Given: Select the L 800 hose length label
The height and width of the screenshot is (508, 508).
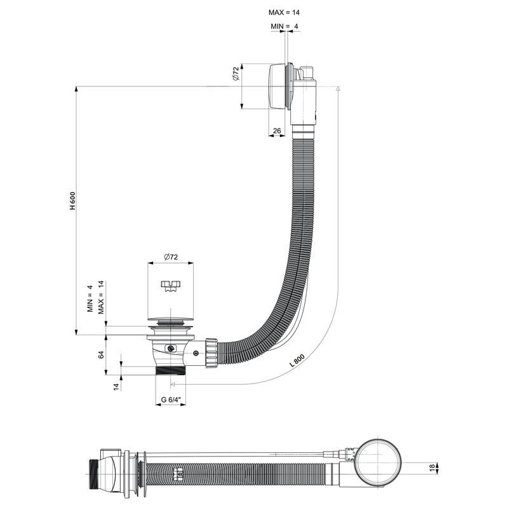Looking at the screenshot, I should point(297,361).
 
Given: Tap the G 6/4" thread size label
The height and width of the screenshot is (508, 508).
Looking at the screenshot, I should point(171,399).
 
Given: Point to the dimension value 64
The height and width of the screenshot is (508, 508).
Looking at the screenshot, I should point(100,354).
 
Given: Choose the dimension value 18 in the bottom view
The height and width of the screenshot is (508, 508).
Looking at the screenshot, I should point(433,468).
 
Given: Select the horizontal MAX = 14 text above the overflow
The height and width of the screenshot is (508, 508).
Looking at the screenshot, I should point(284,12).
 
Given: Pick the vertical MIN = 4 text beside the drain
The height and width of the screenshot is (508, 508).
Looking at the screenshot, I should point(90,298).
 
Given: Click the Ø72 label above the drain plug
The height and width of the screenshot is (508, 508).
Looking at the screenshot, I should point(170,257).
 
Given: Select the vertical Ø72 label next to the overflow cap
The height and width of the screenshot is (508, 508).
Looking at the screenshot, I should point(235,75).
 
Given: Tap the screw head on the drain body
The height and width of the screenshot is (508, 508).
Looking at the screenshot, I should point(170,349).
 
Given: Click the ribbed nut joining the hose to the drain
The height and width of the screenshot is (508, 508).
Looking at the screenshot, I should point(210,352).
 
